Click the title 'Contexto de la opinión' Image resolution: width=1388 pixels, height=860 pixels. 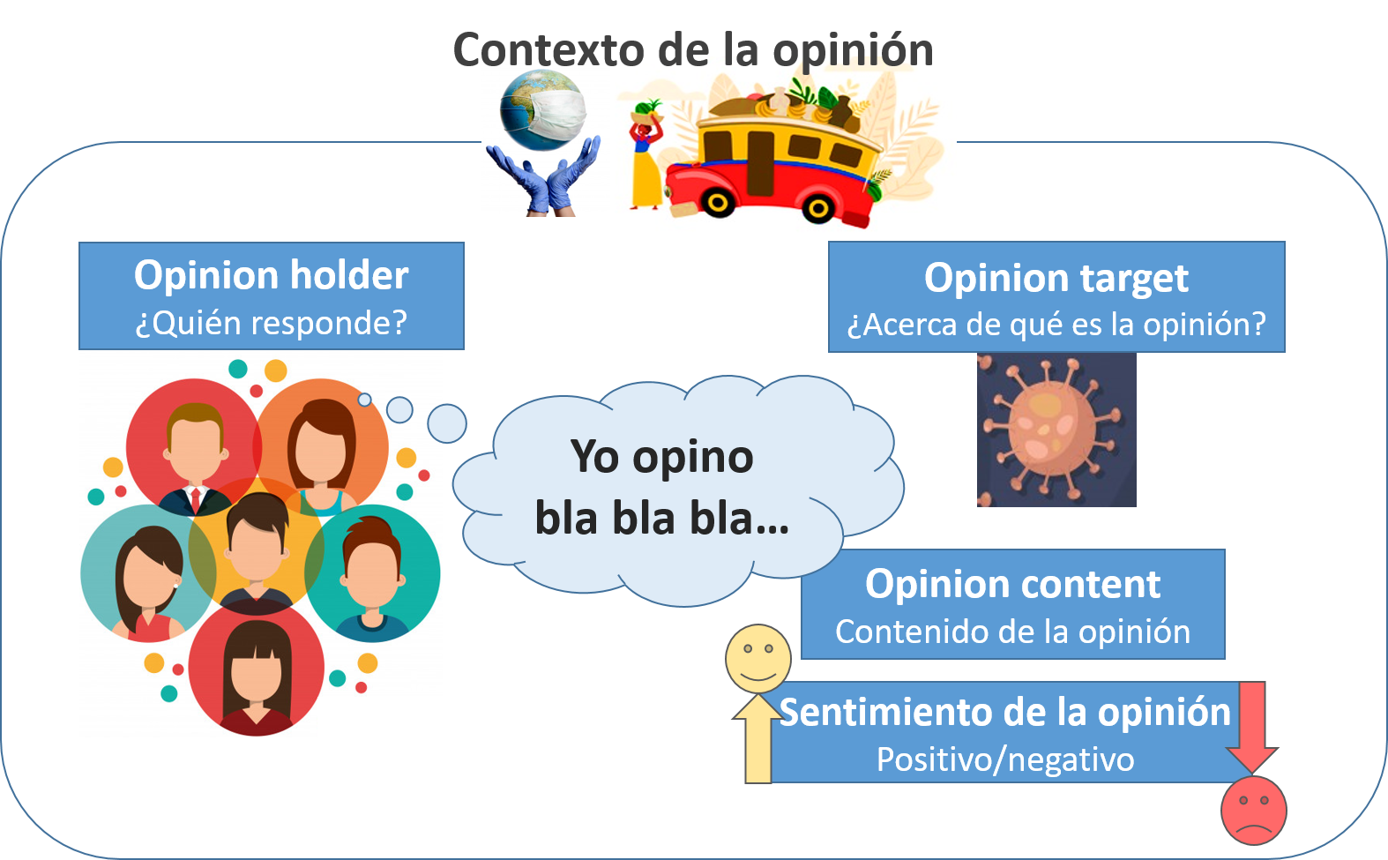tap(693, 49)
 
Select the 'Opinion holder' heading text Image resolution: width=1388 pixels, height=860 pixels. tap(271, 275)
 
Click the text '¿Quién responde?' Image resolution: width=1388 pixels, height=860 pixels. tap(271, 323)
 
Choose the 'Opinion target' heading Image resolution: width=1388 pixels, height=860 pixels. tap(1056, 278)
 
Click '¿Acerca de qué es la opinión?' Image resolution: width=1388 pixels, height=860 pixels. tap(1056, 325)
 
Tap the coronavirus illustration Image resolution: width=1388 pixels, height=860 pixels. tap(1055, 430)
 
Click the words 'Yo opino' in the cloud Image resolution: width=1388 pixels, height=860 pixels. tap(662, 457)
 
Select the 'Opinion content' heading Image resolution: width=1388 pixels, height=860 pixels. tap(1012, 584)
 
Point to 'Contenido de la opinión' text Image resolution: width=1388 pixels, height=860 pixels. tap(1012, 632)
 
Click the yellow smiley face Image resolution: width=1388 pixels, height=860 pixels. tap(757, 658)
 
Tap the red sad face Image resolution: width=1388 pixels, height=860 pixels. tap(1253, 810)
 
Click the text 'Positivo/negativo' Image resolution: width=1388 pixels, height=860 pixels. tap(1004, 759)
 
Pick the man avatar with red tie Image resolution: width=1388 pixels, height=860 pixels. tap(195, 450)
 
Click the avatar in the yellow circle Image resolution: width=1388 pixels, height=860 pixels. tap(256, 547)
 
